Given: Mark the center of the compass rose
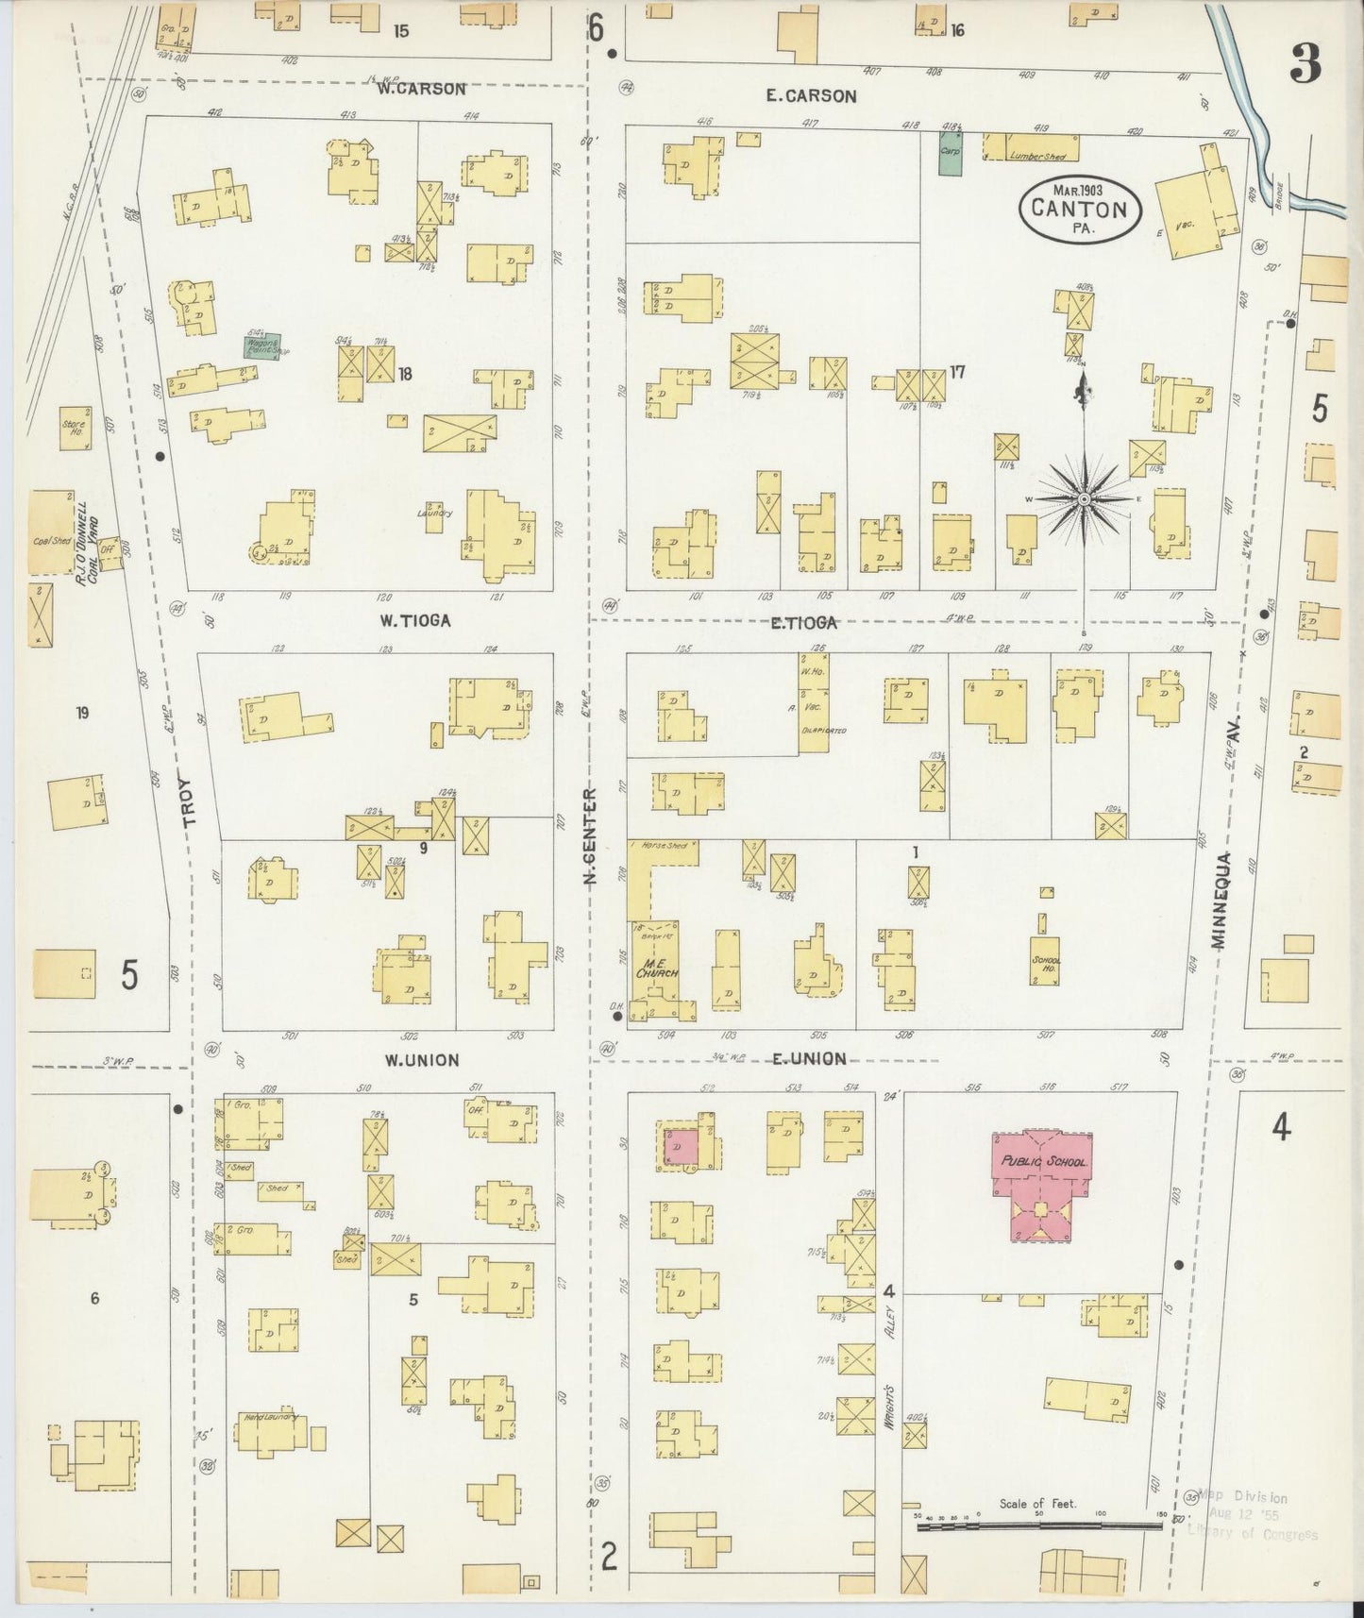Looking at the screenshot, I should (x=1084, y=497).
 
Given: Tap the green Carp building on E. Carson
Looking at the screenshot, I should (x=950, y=152).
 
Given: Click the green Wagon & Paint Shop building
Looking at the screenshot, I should (x=262, y=346).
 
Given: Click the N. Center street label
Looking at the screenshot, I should (x=591, y=836).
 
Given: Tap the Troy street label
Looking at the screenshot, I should (x=186, y=803).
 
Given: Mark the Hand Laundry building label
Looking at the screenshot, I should (x=270, y=1417).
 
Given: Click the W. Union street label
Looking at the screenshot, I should (x=421, y=1060).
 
